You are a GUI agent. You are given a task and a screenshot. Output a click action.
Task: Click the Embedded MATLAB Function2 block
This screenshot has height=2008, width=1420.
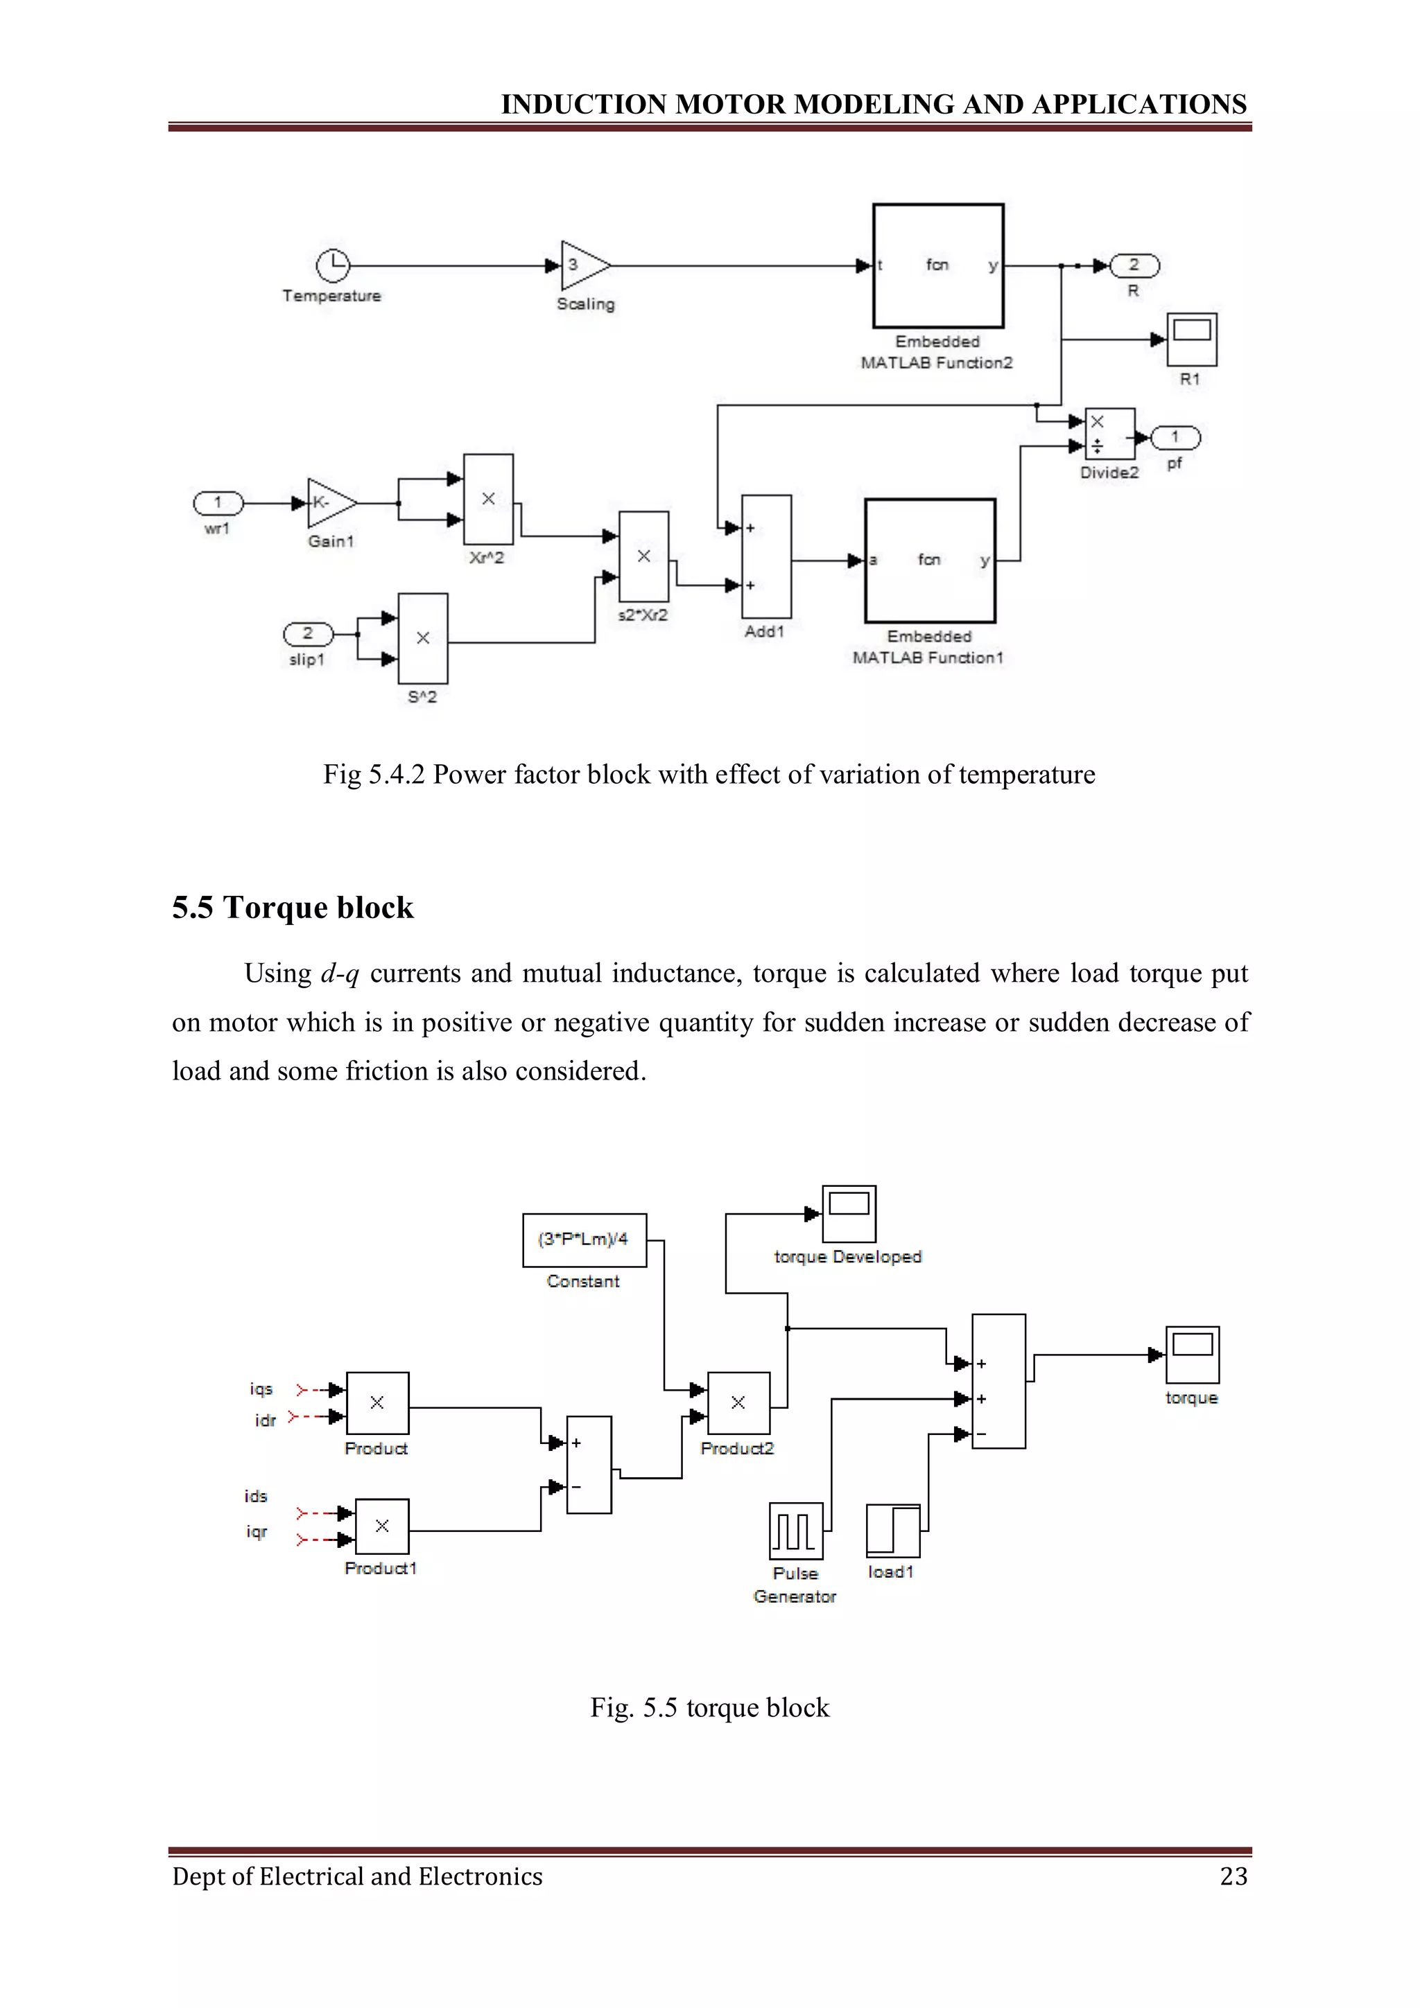[x=938, y=266]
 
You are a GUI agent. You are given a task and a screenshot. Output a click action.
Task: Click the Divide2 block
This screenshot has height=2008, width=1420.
[x=1109, y=434]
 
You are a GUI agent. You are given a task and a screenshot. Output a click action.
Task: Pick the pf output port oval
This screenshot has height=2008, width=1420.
[x=1175, y=437]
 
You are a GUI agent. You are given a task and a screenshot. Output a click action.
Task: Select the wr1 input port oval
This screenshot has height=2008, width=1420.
[x=218, y=503]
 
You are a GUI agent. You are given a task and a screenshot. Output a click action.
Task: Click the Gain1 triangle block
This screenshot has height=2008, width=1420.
[x=330, y=503]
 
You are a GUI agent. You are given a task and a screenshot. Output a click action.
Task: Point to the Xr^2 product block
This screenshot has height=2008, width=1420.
[x=488, y=500]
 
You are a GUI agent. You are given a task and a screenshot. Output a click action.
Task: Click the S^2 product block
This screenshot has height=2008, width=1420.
[x=422, y=638]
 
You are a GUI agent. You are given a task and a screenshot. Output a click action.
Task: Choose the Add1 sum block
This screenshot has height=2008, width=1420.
[x=766, y=557]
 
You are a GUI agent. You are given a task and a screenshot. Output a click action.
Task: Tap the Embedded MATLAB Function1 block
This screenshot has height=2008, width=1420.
[x=930, y=561]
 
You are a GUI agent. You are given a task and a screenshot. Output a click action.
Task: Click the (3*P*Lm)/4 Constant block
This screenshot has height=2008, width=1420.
[x=585, y=1240]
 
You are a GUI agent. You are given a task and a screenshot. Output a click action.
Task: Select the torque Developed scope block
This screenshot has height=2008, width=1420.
[x=849, y=1214]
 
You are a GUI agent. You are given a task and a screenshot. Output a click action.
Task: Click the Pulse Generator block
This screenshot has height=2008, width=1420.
[x=795, y=1531]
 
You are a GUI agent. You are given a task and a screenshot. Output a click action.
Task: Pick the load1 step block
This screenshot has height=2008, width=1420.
[x=892, y=1531]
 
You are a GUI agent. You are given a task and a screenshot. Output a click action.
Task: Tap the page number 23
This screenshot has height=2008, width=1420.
[x=1233, y=1876]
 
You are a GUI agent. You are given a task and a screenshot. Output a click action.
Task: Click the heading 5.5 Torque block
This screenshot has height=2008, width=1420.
[x=292, y=908]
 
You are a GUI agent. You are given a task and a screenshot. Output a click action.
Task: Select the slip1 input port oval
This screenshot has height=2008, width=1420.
[x=308, y=633]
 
